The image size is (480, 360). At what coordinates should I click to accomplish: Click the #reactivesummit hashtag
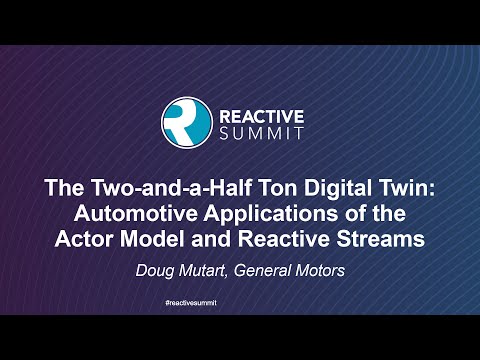pyautogui.click(x=240, y=301)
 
